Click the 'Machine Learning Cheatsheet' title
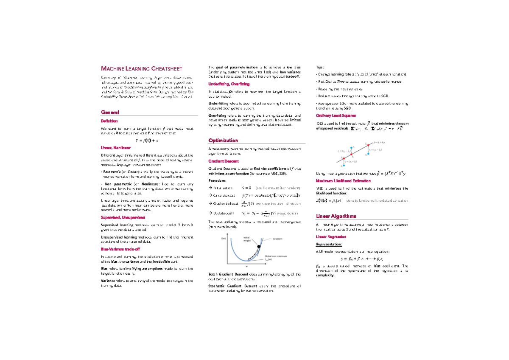tap(141, 68)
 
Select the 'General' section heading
tap(109, 112)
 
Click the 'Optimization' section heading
tap(223, 140)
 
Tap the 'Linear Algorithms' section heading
tap(335, 216)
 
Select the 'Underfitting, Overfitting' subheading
tap(229, 84)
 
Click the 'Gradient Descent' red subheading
tap(224, 161)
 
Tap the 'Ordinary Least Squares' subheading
tap(336, 115)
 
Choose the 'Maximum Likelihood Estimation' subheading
tap(343, 180)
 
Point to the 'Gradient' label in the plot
tap(277, 239)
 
